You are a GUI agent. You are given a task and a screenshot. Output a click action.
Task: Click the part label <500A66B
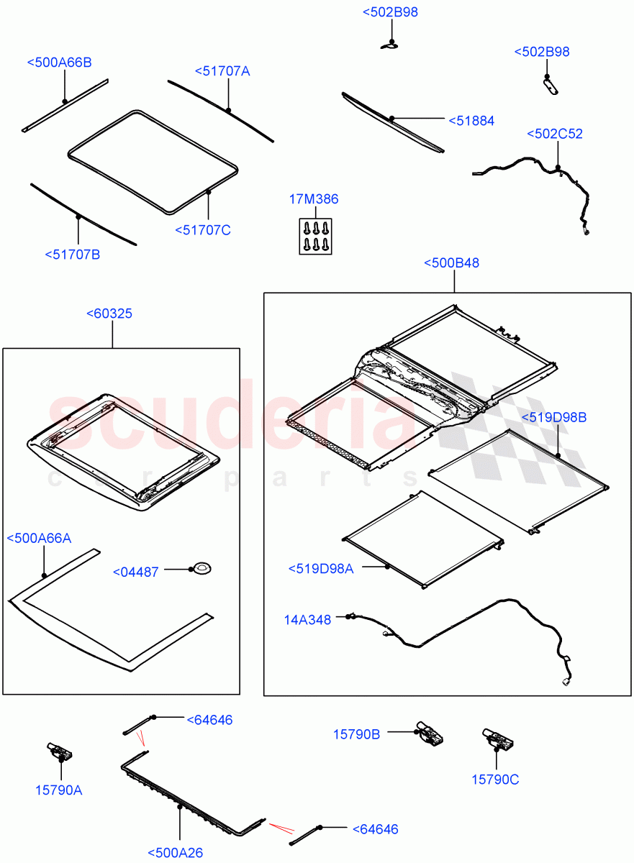[59, 63]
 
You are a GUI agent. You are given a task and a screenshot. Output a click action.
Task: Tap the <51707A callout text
[222, 71]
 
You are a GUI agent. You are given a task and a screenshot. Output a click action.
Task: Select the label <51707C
[202, 230]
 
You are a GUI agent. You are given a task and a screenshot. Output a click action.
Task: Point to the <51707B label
[72, 254]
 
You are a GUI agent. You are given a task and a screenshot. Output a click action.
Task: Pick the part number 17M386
[314, 199]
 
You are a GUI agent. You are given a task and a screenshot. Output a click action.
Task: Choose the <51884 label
[471, 121]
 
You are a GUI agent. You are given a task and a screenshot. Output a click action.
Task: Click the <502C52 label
[555, 134]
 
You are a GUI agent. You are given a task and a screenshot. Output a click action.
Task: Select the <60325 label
[109, 314]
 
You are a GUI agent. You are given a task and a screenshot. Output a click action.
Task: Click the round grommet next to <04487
[201, 570]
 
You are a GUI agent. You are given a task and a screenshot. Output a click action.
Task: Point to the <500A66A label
[40, 538]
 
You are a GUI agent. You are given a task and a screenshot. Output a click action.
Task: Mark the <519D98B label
[555, 417]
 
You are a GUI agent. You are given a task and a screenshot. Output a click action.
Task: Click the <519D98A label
[322, 568]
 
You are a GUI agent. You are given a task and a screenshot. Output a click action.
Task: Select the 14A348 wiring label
[307, 619]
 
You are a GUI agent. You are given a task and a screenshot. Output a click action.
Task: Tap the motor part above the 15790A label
[58, 752]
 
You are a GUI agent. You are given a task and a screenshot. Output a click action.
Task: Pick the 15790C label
[495, 779]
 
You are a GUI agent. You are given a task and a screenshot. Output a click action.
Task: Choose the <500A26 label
[176, 853]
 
